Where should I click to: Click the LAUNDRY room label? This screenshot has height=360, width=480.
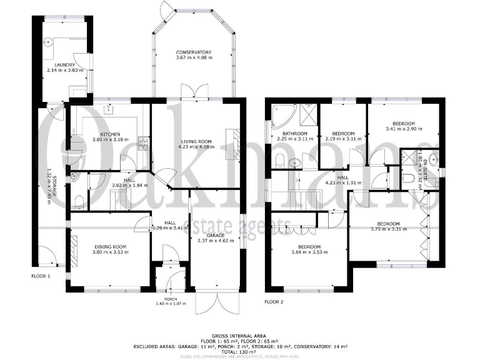64,65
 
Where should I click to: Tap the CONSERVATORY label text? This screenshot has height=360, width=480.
193,52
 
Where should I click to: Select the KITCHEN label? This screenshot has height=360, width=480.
110,134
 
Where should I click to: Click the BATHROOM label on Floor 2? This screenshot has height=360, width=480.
294,134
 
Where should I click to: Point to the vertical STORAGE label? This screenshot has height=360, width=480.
56,186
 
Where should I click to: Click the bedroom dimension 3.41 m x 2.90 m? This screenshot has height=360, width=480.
404,129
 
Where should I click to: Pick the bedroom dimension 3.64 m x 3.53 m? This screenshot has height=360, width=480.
309,252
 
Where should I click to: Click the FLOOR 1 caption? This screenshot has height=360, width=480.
41,276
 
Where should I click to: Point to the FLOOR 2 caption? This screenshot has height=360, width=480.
274,302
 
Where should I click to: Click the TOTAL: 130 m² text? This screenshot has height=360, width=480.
240,351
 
